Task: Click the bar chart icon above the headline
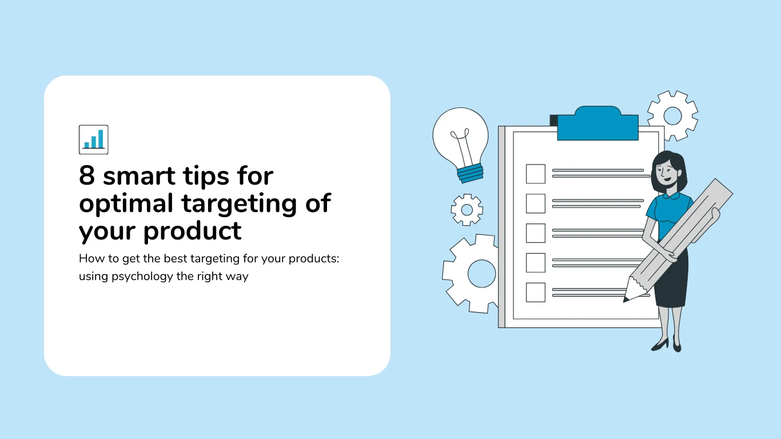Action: pyautogui.click(x=93, y=139)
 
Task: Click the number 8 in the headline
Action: pyautogui.click(x=87, y=176)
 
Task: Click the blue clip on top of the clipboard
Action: pyautogui.click(x=597, y=124)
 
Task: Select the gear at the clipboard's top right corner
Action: pyautogui.click(x=672, y=116)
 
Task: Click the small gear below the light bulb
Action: pyautogui.click(x=467, y=210)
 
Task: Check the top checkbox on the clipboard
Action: pyautogui.click(x=535, y=174)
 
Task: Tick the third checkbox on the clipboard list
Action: pyautogui.click(x=535, y=233)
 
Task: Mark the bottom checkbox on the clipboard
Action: pyautogui.click(x=535, y=292)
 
